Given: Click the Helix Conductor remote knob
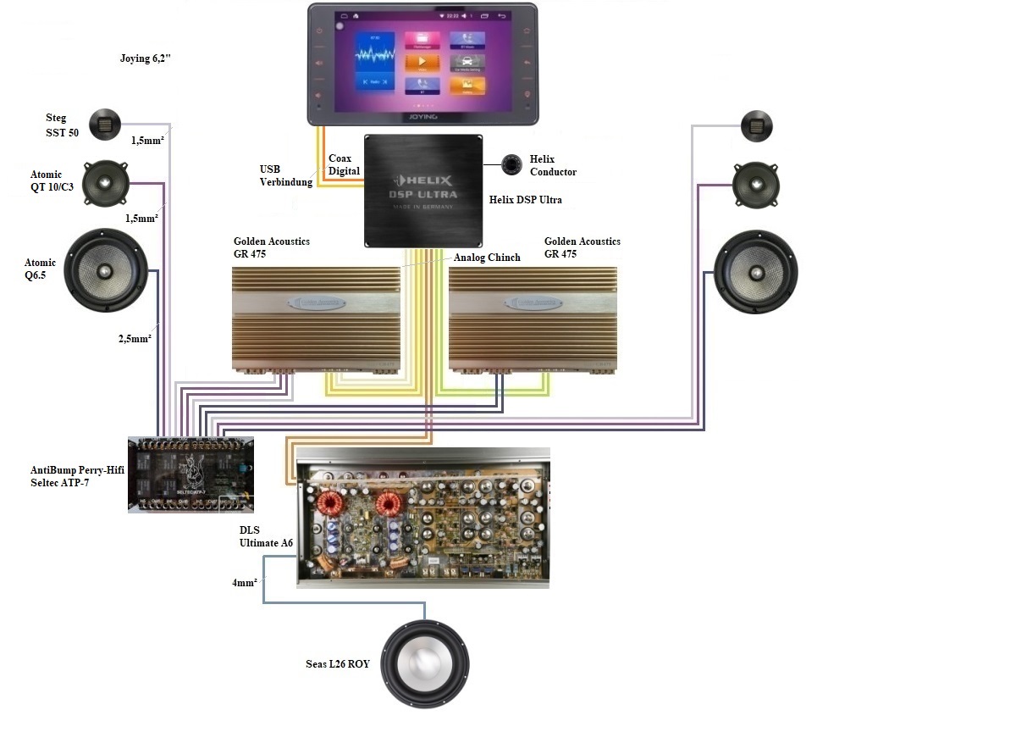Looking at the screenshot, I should coord(511,165).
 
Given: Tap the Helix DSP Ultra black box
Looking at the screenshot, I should coord(423,191).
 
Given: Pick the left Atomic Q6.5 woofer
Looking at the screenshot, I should coord(106,271).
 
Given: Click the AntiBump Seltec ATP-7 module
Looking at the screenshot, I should coord(190,475).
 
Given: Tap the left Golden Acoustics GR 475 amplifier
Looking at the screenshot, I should coord(316,319).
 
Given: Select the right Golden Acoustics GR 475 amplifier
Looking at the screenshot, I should coord(533,319).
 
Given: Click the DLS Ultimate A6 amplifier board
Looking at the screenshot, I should coord(423,517).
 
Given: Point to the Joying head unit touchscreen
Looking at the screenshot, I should coord(423,64).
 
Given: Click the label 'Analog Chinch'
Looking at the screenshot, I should coord(487,258).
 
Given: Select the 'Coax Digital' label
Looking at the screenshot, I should coord(344,164).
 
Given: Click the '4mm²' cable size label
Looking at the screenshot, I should coord(245,583).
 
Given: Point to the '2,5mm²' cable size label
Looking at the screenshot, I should coord(135,338).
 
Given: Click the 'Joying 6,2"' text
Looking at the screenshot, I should coord(152,58).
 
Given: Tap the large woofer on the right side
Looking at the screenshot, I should coord(756,271).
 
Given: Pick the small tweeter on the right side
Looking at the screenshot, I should coord(756,126).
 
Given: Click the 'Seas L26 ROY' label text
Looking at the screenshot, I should coord(337,664).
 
